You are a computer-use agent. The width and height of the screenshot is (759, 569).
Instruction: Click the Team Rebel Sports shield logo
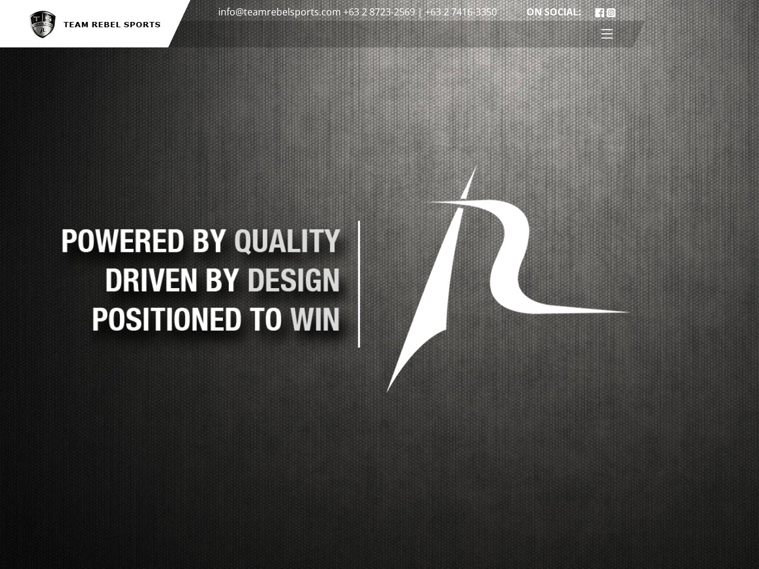(43, 24)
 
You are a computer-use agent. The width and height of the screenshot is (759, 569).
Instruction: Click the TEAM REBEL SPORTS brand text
(112, 25)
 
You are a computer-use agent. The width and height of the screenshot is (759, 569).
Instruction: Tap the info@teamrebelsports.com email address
(279, 12)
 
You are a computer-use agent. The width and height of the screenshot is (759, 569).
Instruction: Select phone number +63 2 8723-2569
(379, 12)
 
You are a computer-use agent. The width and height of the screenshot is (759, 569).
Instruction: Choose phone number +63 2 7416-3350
(461, 12)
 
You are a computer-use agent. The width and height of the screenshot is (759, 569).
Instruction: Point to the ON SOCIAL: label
(553, 12)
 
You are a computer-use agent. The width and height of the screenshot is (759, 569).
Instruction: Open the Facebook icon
(599, 12)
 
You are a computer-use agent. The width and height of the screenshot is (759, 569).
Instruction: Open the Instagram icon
(611, 12)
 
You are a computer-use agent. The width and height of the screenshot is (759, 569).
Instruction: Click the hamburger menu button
(607, 34)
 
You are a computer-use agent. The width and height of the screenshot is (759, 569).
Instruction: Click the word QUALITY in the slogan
(287, 241)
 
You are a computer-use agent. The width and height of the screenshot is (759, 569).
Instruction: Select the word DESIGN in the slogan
(294, 280)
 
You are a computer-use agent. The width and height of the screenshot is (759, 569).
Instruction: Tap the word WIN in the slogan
(315, 319)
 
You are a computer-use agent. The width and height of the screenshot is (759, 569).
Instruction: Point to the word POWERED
(123, 241)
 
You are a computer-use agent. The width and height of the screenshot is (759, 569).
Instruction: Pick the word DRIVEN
(151, 280)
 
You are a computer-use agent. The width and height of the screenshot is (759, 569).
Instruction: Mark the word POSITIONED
(167, 319)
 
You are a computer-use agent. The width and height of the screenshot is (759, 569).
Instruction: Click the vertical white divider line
(359, 284)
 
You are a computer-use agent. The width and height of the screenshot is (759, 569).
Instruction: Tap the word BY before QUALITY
(209, 241)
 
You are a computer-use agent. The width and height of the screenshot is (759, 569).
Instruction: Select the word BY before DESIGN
(222, 280)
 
